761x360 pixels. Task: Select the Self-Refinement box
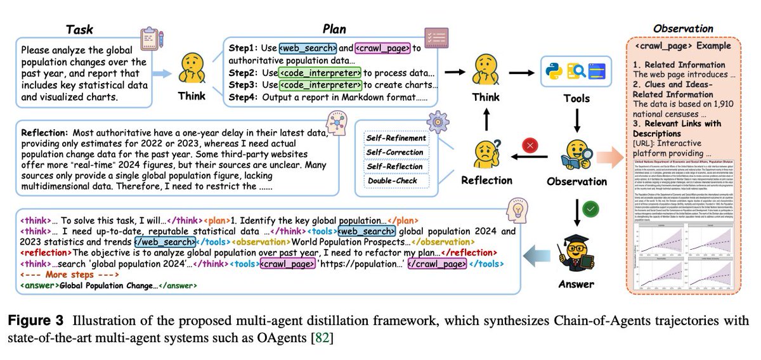pos(395,138)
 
